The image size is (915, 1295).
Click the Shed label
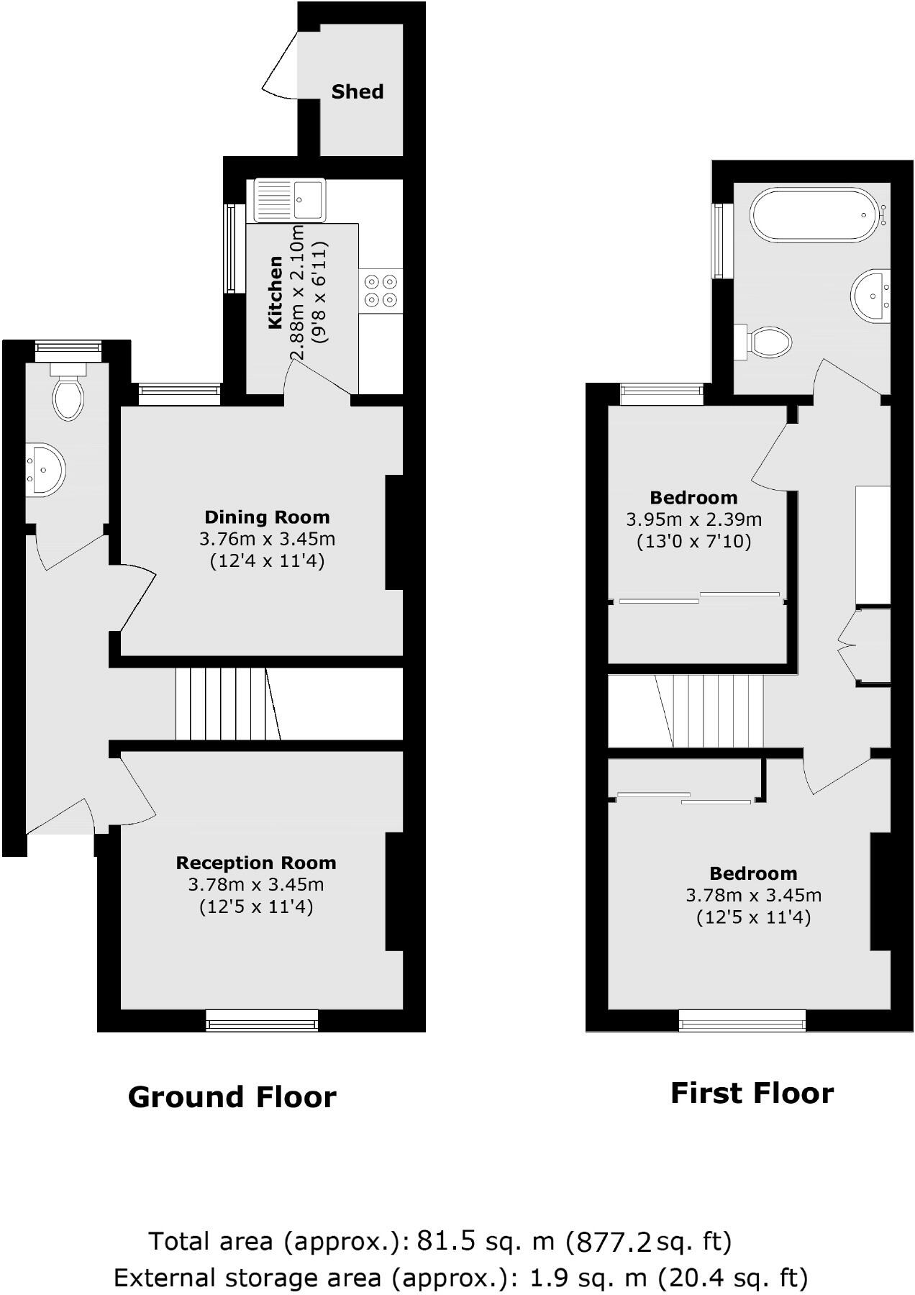click(358, 92)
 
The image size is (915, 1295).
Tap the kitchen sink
click(289, 199)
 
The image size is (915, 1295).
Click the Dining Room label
click(267, 517)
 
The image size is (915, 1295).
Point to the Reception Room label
click(256, 863)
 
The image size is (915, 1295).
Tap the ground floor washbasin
click(45, 470)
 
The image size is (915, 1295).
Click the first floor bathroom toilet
click(767, 342)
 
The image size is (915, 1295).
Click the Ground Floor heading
click(232, 1097)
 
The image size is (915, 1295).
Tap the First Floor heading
click(752, 1093)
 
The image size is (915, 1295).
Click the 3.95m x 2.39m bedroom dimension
click(694, 519)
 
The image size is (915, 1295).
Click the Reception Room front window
click(262, 1020)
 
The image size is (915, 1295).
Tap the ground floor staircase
click(227, 704)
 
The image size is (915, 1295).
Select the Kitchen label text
click(275, 293)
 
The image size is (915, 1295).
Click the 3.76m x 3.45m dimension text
click(267, 539)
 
